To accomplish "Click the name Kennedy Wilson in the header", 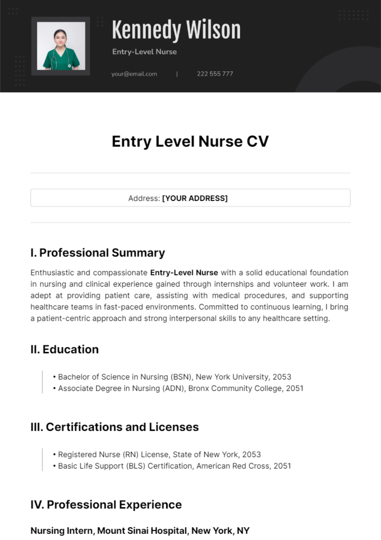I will pos(176,30).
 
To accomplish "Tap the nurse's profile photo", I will pos(61,46).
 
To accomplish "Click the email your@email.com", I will pos(134,74).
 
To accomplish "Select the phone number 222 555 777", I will pos(215,74).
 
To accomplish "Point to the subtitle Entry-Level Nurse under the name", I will pos(144,52).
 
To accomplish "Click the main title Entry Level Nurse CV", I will pos(190,142).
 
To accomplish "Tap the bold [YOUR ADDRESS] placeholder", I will pos(195,198).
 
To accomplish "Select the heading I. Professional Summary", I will pos(98,253).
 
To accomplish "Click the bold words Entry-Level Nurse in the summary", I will pos(184,273).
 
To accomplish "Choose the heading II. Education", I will pos(65,350).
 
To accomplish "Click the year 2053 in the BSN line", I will pos(282,377).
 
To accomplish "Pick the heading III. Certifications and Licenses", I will pos(115,427).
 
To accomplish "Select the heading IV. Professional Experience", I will pos(106,505).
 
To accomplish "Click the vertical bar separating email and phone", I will pos(177,74).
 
